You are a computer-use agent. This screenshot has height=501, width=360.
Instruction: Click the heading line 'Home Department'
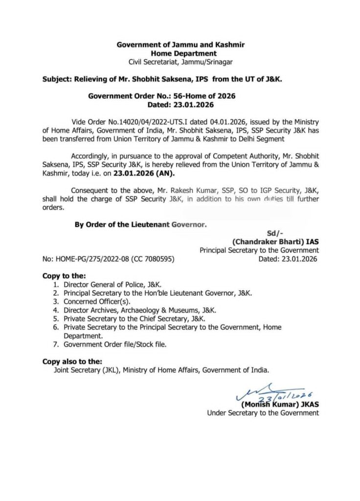click(180, 53)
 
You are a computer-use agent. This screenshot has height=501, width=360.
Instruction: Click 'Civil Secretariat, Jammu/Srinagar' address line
click(180, 62)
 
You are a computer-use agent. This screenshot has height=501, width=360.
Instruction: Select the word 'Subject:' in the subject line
click(57, 78)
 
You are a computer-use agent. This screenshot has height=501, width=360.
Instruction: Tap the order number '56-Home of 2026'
click(209, 96)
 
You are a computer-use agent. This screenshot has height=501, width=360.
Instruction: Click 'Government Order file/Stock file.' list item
click(114, 344)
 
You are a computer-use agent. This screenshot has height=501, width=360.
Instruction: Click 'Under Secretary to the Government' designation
click(263, 412)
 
